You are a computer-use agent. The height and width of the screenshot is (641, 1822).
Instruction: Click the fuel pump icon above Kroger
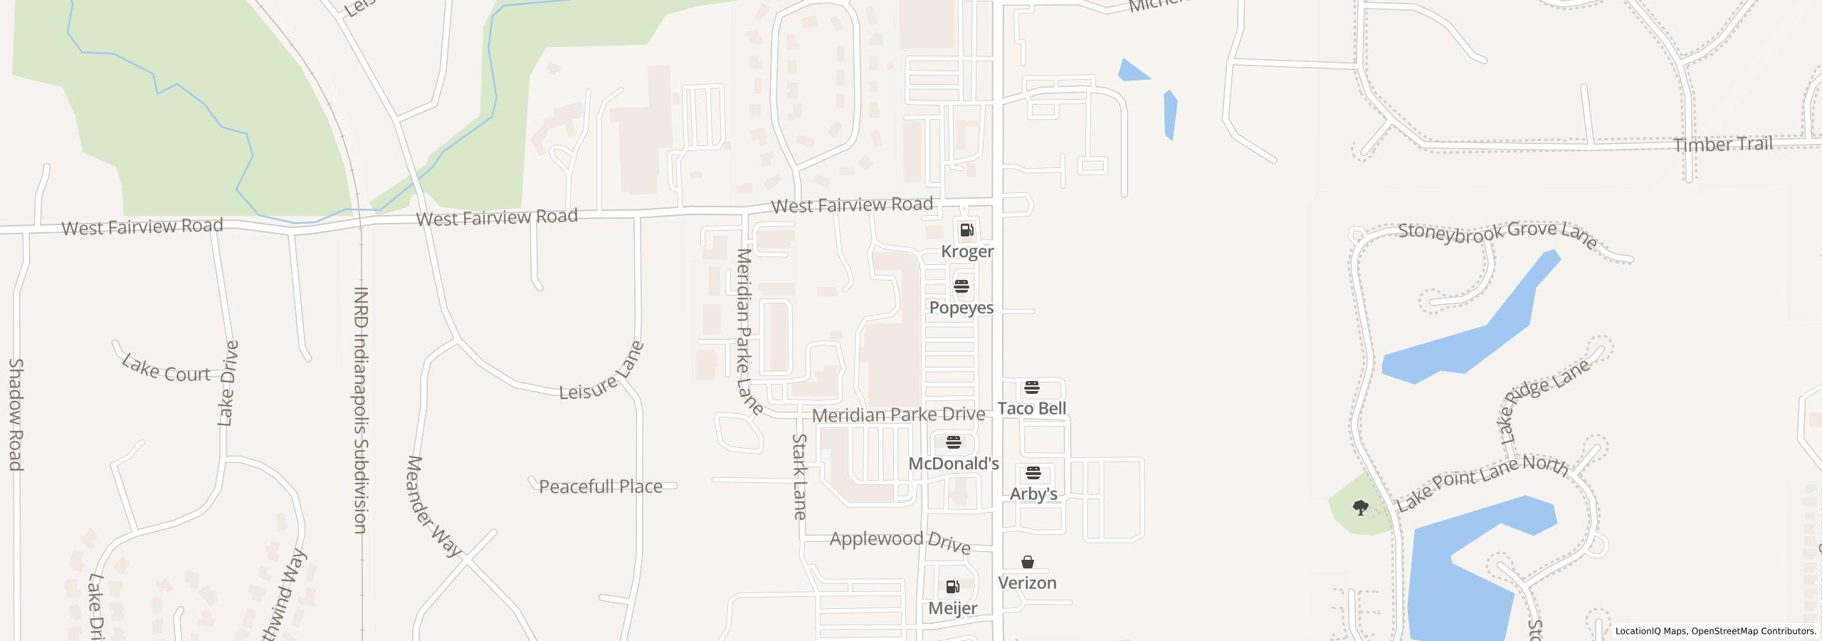click(967, 230)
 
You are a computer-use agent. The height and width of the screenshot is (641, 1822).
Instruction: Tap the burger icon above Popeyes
click(962, 286)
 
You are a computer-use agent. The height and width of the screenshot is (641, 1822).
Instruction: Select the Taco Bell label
click(1031, 408)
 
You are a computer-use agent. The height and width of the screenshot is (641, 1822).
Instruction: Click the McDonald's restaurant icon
click(954, 442)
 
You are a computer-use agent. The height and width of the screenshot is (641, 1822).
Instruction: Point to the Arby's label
click(1033, 494)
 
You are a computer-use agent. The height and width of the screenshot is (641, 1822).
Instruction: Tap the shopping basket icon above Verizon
click(1027, 562)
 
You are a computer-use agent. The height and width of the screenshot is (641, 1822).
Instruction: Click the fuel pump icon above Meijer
click(952, 587)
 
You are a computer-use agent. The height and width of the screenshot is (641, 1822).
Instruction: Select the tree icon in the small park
click(1360, 508)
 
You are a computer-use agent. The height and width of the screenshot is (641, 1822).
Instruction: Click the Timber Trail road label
click(1722, 145)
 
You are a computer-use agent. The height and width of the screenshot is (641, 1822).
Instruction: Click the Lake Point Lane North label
click(1482, 481)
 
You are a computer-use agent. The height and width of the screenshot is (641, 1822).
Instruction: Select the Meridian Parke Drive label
click(898, 415)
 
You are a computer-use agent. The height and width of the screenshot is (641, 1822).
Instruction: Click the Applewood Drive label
click(900, 541)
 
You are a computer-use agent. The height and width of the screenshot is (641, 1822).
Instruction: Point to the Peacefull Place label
click(600, 486)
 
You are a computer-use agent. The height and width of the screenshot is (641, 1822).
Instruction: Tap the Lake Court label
click(166, 368)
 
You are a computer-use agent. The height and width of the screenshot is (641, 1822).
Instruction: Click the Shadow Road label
click(16, 414)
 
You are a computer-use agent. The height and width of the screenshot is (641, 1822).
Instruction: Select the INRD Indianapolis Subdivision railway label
click(361, 410)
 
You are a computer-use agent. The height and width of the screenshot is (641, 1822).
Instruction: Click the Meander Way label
click(433, 505)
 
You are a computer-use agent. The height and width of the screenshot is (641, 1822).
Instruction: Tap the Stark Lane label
click(799, 476)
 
